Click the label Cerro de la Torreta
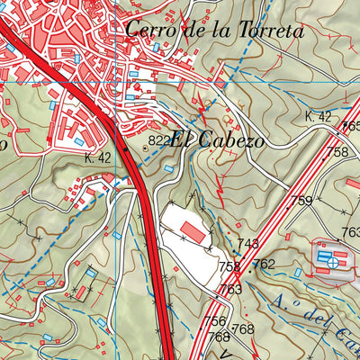pos(214,29)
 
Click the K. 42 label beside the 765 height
pos(319,116)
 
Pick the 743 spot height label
pos(248,244)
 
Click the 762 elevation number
pos(263,264)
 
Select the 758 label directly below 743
pos(229,266)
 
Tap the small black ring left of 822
pos(144,140)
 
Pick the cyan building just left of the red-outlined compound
pos(299,271)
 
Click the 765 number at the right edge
pos(352,127)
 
